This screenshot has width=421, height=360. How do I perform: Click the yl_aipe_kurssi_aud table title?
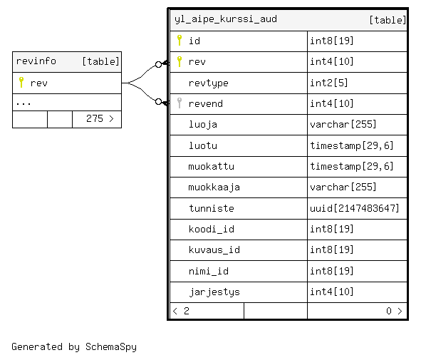coord(226,19)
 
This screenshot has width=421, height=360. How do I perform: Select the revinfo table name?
coord(36,61)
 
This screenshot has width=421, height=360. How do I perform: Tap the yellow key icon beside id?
coord(180,41)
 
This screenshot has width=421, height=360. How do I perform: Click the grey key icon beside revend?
coord(180,103)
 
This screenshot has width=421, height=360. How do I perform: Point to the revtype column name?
coord(208,83)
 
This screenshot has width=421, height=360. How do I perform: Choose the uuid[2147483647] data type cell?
coord(355,208)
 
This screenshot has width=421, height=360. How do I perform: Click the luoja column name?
coord(203,124)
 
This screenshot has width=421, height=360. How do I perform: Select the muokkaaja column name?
coord(214,187)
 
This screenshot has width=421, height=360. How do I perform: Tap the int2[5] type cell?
coord(329,83)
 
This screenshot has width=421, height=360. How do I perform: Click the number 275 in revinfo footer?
coord(95,118)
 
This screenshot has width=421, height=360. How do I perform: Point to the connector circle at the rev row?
coord(158,64)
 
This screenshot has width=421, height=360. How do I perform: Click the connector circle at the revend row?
coord(158,101)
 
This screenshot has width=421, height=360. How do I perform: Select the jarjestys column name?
coord(214,292)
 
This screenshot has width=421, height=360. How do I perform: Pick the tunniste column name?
coord(212,208)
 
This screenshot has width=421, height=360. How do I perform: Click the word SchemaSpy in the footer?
coord(111,347)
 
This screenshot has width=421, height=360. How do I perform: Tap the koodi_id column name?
coord(212,229)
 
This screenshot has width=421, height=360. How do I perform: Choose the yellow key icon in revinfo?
coord(21,82)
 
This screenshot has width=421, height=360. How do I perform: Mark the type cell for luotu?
coord(352,145)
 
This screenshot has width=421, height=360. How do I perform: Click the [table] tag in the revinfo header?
coord(100,61)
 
